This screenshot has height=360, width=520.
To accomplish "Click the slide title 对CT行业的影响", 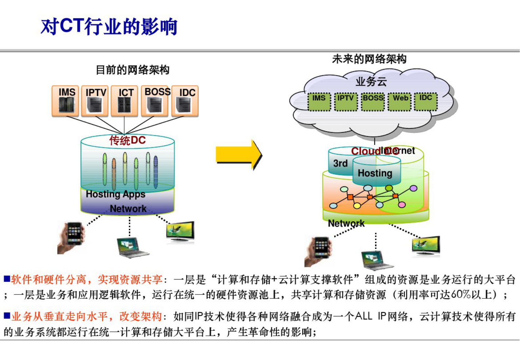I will [x=109, y=27].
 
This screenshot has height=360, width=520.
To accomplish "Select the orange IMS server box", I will [x=66, y=101].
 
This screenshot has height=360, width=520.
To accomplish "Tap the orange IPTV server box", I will [x=95, y=101].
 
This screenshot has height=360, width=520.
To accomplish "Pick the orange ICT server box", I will [x=125, y=101].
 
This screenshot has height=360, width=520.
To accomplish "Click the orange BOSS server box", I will [x=155, y=101].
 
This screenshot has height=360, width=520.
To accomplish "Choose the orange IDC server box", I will [x=185, y=101].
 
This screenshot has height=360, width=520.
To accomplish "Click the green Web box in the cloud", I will [x=400, y=102].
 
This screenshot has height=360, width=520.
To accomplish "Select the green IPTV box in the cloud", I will [x=346, y=102].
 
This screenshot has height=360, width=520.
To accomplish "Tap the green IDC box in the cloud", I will [x=426, y=101].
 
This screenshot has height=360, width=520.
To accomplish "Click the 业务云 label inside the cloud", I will [x=371, y=82].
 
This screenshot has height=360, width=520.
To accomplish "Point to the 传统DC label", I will [x=127, y=141].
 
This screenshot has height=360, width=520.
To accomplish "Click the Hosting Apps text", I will [x=115, y=194].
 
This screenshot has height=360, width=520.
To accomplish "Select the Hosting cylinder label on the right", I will [x=375, y=173].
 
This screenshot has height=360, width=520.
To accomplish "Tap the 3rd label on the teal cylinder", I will [x=340, y=163].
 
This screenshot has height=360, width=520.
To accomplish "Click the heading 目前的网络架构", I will [x=133, y=70].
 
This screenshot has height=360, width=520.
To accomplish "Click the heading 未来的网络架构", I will [x=369, y=59].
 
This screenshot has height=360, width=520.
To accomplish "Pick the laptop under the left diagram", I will [x=132, y=248].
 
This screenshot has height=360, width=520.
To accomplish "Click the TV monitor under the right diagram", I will [x=426, y=246].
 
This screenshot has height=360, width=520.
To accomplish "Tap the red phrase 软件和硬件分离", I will [x=48, y=279].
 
